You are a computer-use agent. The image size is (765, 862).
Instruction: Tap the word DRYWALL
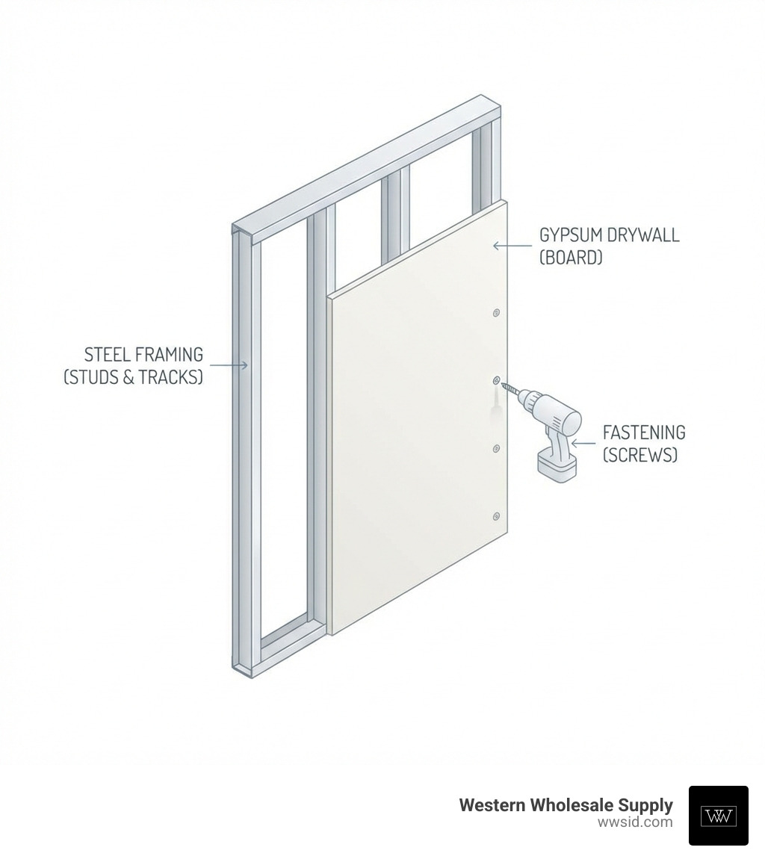643,235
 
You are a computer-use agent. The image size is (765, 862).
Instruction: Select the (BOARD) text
571,258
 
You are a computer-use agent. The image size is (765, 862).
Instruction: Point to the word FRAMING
169,354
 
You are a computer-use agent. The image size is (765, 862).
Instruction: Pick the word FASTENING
644,432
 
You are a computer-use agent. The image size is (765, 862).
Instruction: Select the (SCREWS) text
640,455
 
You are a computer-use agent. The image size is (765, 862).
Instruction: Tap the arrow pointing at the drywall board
512,246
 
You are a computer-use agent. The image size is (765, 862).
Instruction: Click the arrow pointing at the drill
583,443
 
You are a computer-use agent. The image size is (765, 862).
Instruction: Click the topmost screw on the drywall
496,313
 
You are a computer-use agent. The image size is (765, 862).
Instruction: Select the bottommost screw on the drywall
496,516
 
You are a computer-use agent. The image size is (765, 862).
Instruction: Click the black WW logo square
718,815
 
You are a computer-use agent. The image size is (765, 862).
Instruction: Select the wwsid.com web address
635,822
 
